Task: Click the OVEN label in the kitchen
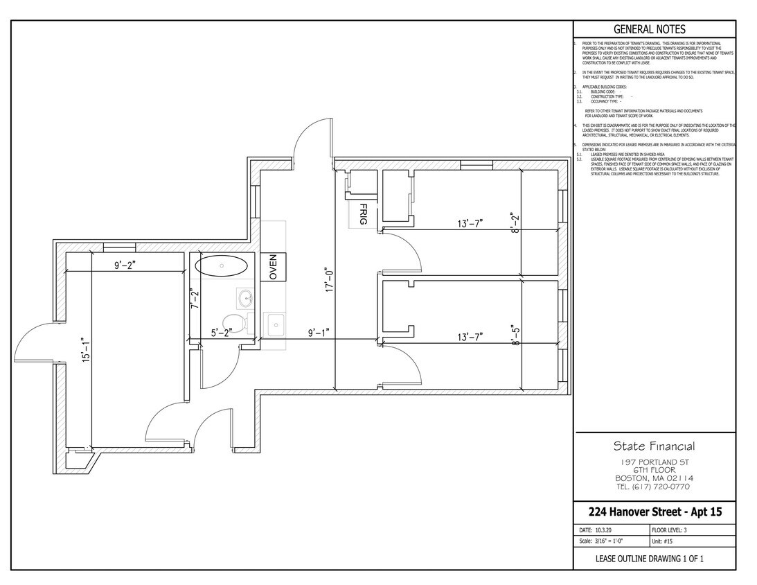point(273,267)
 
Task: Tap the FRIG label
point(362,214)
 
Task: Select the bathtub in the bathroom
point(221,266)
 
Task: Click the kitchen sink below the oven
point(274,324)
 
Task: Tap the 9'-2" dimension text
point(125,264)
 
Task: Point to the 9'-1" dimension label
point(320,333)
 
